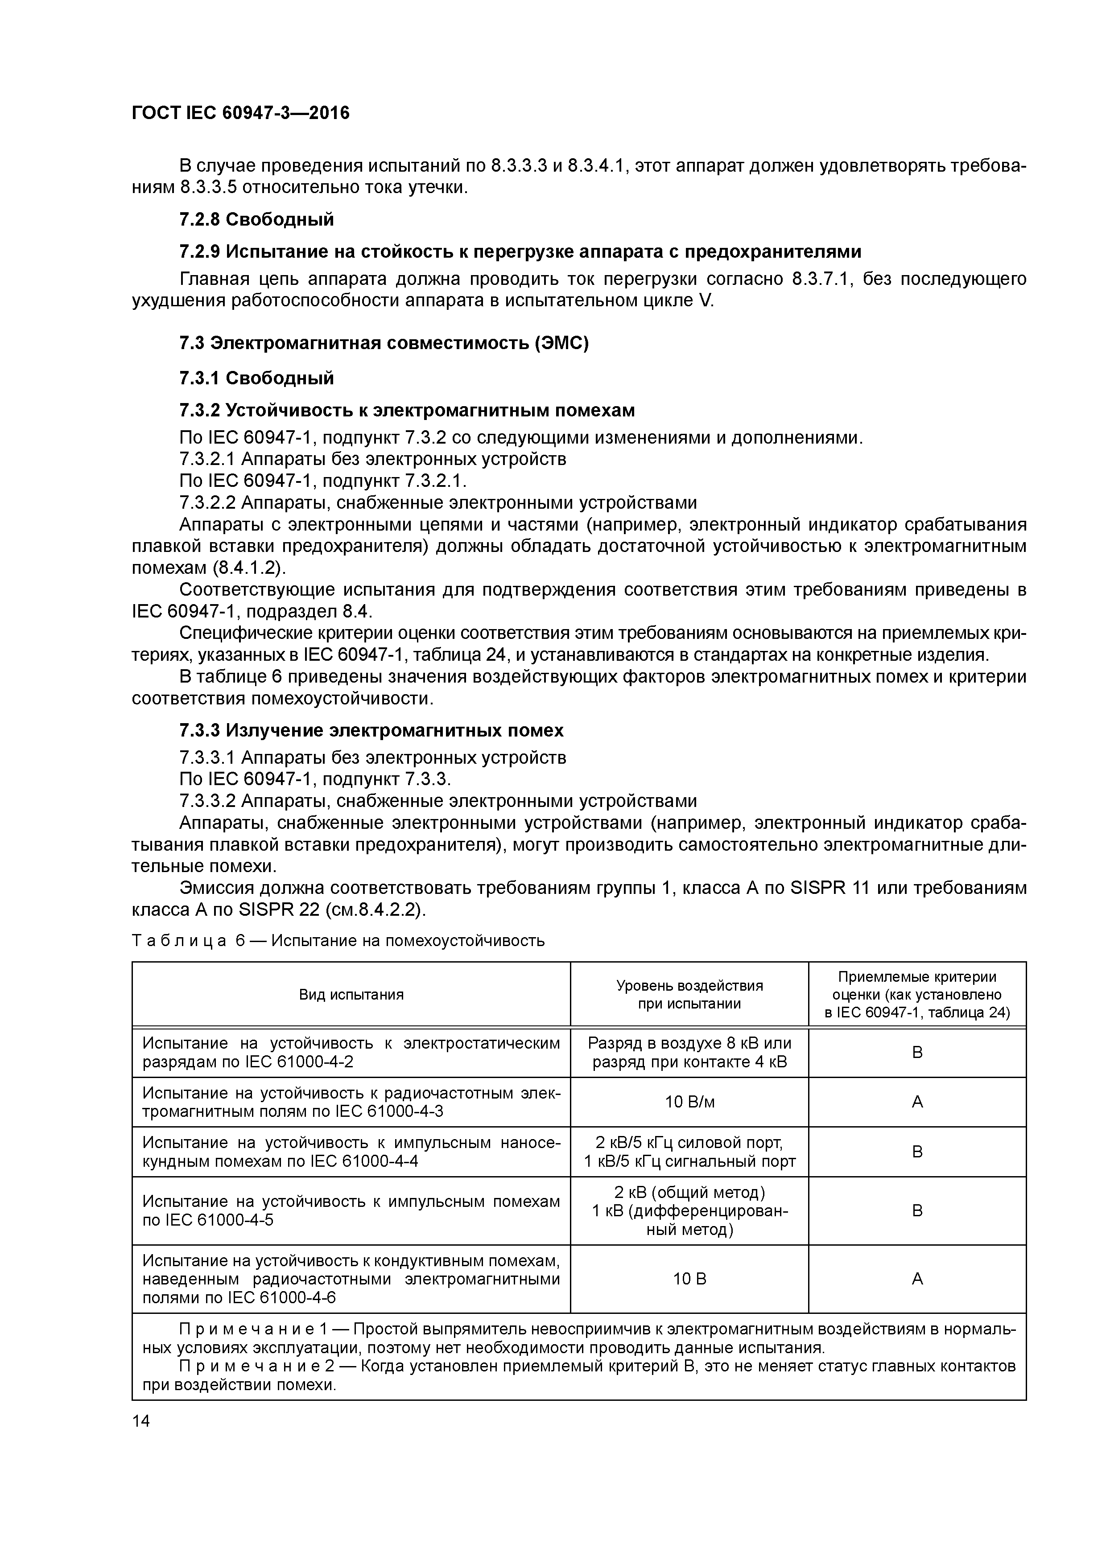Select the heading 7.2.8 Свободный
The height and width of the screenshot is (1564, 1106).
coord(256,219)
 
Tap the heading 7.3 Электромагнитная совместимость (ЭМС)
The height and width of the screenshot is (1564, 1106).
coord(384,343)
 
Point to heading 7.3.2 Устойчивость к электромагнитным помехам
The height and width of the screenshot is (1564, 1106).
coord(407,410)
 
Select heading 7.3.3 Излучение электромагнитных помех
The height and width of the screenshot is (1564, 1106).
coord(371,730)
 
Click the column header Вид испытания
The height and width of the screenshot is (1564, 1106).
coord(351,995)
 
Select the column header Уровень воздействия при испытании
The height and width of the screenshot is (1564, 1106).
coord(689,995)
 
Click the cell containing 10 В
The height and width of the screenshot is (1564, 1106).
coord(689,1279)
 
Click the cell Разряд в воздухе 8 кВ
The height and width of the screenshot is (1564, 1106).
coord(689,1043)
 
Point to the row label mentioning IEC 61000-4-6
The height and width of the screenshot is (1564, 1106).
coord(351,1279)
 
